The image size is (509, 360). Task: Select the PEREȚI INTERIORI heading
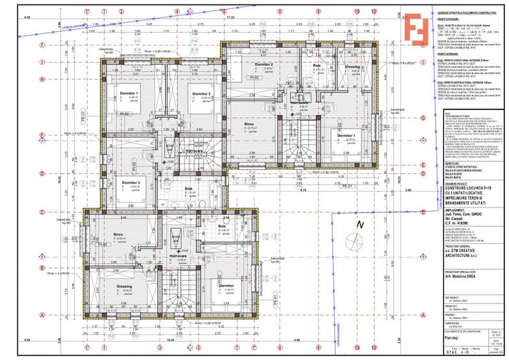(x=446, y=54)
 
